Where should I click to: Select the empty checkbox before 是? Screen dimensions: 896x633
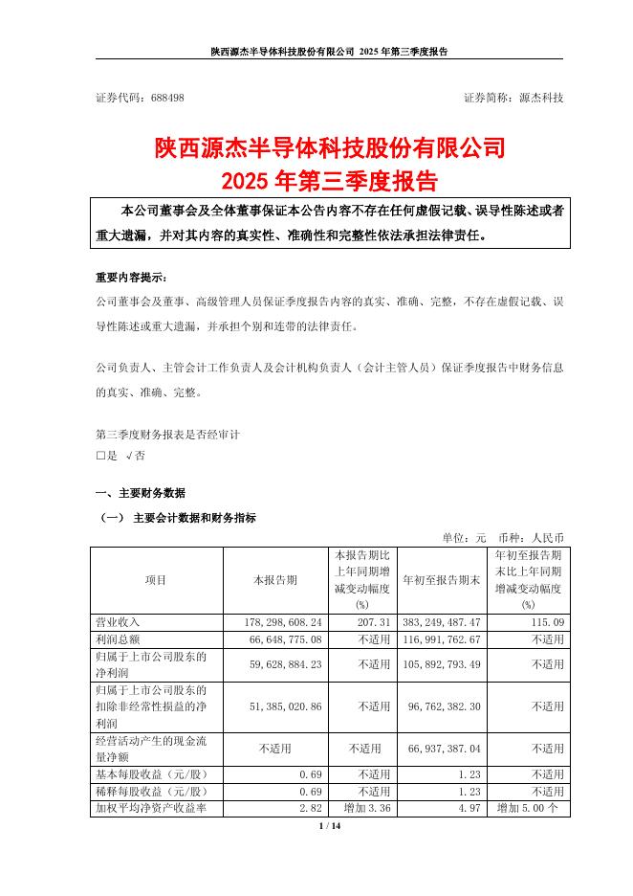[100, 456]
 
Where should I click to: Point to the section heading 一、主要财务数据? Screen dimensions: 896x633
[142, 494]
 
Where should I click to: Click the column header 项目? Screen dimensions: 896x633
[155, 580]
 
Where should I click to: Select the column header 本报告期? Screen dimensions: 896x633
[273, 580]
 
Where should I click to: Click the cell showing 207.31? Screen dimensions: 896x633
[374, 622]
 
